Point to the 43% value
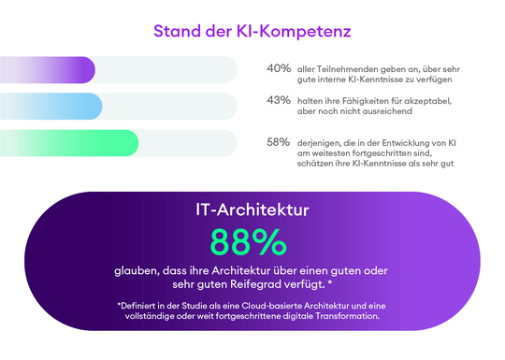pos(278,101)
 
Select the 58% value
pos(278,142)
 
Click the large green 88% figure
pos(248,242)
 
